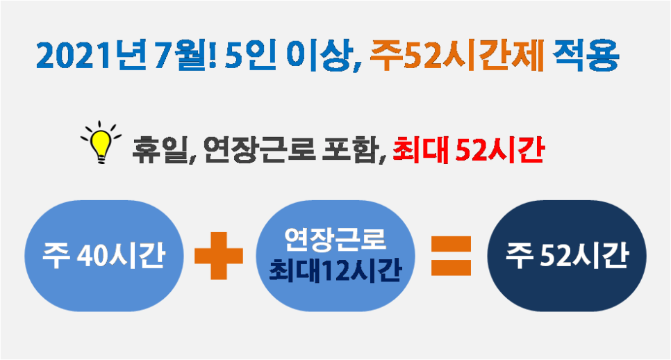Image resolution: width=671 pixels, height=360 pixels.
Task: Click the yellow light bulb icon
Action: coord(101,142)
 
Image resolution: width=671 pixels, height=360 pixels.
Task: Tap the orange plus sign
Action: coord(219,256)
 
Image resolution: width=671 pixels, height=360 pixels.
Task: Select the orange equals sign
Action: coord(451,256)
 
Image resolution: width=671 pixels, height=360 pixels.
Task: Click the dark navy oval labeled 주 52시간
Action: coord(567,256)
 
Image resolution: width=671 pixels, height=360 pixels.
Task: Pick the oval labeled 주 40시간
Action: coord(104,256)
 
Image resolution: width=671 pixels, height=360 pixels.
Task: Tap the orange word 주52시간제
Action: coord(457,55)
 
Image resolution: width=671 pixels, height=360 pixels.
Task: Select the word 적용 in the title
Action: coord(586,55)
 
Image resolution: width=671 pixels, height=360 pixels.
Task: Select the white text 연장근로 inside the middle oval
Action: coord(335,240)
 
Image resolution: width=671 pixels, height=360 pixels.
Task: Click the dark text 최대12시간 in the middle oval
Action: coord(335,270)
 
